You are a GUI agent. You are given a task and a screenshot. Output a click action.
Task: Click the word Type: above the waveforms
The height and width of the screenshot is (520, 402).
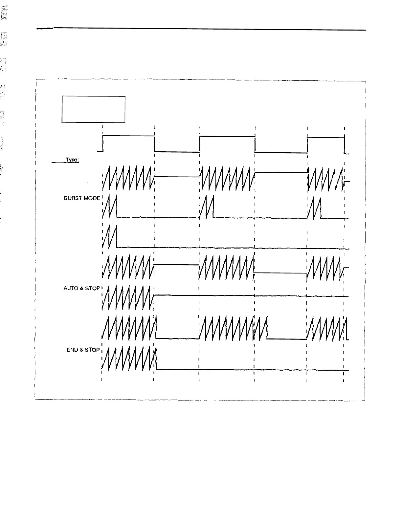(x=72, y=160)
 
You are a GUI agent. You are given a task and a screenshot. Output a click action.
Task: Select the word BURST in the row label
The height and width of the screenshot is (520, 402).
(x=72, y=198)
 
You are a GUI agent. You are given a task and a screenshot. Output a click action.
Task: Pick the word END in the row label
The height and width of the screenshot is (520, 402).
(x=73, y=350)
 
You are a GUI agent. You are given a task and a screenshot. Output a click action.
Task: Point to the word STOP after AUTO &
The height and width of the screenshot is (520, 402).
(x=92, y=288)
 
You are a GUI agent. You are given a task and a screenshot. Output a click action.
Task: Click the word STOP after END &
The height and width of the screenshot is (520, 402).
(x=92, y=350)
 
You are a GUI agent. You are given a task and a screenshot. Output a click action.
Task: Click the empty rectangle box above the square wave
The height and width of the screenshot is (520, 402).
(x=93, y=109)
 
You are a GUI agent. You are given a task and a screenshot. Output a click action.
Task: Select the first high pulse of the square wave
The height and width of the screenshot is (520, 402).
(x=128, y=136)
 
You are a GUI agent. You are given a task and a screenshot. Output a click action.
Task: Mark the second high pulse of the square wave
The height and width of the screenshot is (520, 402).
(x=227, y=137)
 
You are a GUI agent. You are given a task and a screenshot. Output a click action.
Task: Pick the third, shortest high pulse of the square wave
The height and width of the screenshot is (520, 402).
(x=325, y=138)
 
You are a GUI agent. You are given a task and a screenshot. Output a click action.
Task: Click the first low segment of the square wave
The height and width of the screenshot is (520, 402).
(x=177, y=152)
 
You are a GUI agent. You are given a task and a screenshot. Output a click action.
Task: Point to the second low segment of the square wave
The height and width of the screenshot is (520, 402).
(x=281, y=153)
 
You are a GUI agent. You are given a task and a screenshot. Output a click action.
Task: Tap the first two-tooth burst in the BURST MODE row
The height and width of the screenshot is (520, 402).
(x=110, y=207)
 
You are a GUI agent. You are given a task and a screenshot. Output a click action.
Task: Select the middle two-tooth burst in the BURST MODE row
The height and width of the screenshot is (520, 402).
(x=207, y=207)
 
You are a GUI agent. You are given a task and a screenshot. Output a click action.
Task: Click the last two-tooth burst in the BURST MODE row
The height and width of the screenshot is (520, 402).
(x=314, y=207)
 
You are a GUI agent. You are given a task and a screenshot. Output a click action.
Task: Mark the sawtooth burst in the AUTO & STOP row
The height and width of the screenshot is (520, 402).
(x=127, y=297)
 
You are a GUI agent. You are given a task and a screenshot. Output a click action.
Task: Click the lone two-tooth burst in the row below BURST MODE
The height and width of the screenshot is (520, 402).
(x=110, y=237)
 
